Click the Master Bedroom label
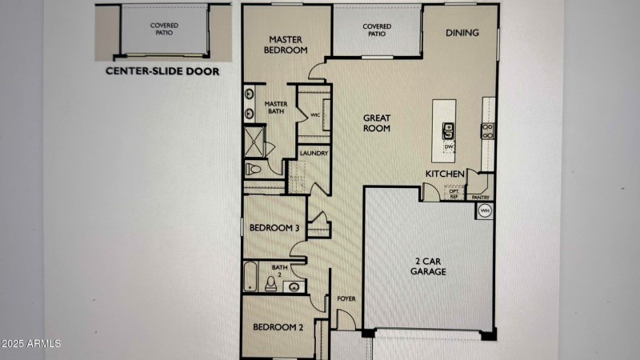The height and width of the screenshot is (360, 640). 286,45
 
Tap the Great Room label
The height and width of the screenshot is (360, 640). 377,123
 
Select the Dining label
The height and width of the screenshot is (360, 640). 462,33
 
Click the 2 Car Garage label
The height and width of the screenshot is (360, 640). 428,266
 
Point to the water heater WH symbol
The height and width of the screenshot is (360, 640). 485,210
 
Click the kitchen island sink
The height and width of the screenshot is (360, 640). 448,131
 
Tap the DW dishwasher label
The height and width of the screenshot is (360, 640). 449,146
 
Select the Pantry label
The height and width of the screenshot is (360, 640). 481,197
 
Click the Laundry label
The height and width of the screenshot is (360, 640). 314,153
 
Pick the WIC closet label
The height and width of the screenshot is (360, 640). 315,115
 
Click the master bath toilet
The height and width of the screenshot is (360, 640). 253,168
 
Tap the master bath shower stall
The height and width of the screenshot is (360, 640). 254,142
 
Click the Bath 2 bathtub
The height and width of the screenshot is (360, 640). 250,276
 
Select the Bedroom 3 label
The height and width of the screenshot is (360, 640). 274,228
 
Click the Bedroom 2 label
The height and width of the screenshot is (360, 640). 278,327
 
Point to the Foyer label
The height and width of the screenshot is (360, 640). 346,298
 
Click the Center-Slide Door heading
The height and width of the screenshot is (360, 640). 162,71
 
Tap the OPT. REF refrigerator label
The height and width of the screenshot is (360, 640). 454,194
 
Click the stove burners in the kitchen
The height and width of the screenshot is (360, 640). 488,131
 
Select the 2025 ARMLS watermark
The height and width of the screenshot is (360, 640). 30,344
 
